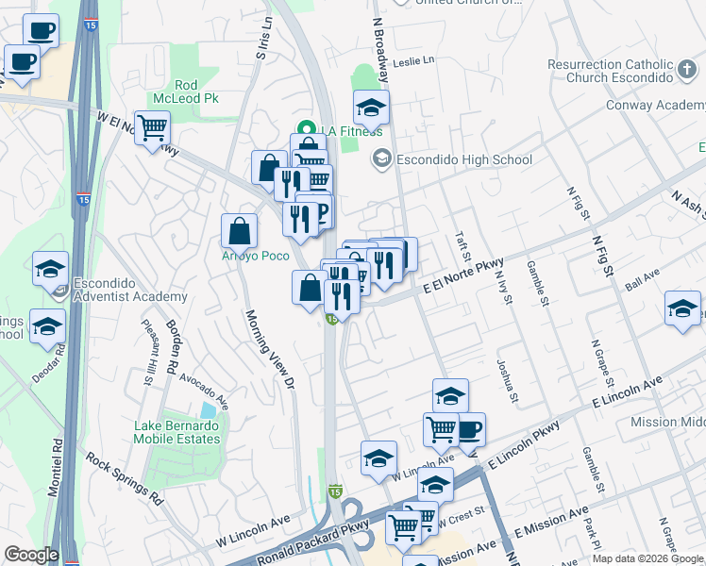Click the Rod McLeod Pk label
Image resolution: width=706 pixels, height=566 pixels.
[x=185, y=92]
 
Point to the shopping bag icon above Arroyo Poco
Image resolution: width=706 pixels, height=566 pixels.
[x=240, y=229]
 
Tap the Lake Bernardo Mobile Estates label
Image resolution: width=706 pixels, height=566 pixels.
[x=176, y=432]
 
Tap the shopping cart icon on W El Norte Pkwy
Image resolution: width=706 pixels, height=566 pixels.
[x=151, y=126]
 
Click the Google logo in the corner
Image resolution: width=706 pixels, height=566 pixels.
[x=30, y=555]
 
